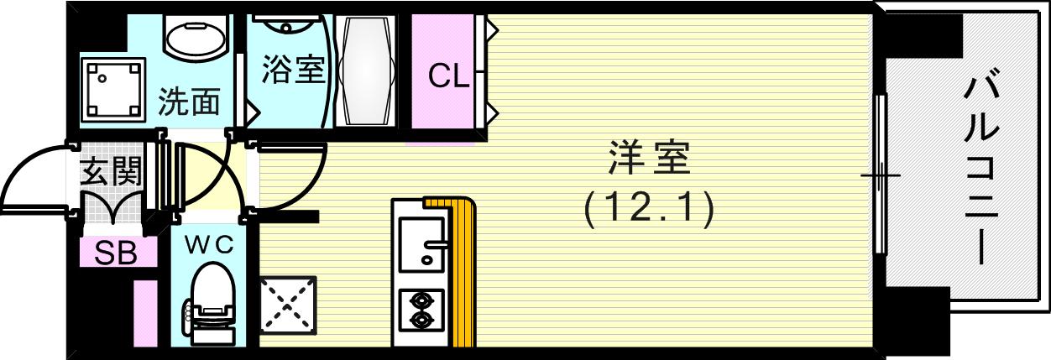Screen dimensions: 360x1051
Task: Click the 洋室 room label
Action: [648, 159]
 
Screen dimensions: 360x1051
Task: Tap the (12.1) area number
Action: [649, 208]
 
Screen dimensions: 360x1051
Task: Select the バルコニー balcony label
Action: [981, 168]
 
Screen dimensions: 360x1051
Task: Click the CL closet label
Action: [448, 77]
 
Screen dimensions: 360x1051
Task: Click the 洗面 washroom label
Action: [190, 102]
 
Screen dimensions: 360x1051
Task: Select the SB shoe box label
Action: [115, 253]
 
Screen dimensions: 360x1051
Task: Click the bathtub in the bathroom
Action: [363, 71]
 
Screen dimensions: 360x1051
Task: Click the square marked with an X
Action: [288, 303]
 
